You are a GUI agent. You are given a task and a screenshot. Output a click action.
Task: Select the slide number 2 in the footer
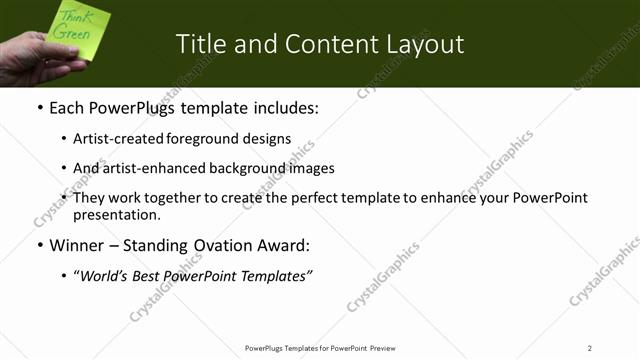point(589,348)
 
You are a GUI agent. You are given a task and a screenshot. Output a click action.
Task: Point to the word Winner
point(77,245)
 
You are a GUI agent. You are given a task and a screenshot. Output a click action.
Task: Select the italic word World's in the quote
point(103,275)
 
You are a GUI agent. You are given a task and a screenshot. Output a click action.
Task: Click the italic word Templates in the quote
point(277,275)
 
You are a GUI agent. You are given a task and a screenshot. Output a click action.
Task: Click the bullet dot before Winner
point(40,245)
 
